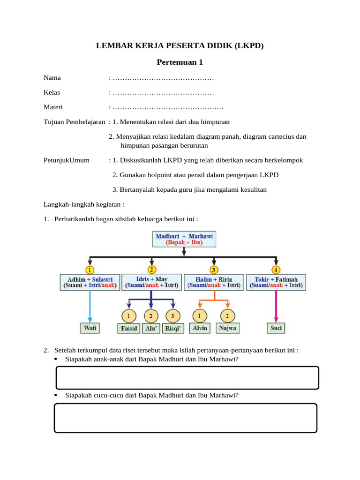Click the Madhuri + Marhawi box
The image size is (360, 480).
point(184,240)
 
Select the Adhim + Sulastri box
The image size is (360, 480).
point(90,282)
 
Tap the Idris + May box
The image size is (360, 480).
point(151,282)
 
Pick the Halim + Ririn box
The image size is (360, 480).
point(214,282)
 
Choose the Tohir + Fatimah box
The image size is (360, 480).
point(277,282)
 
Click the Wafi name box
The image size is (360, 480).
point(90,328)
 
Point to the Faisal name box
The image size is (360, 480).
point(129,328)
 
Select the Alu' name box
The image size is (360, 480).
point(151,328)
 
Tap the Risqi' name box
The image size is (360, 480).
point(173,328)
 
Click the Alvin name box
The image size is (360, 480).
point(201,328)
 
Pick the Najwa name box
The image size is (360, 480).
point(227,328)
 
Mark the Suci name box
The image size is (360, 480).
point(276,328)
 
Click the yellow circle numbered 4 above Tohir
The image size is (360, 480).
point(277,270)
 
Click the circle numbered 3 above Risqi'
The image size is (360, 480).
point(173,315)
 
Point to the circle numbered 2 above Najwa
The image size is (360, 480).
point(227,315)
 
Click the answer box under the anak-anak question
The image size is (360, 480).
point(187,378)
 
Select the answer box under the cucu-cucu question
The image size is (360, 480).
point(186,418)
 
